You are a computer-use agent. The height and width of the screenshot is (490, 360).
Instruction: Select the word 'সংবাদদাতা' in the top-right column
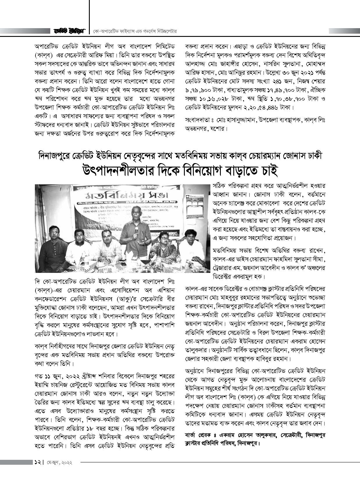pyautogui.click(x=196, y=120)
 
